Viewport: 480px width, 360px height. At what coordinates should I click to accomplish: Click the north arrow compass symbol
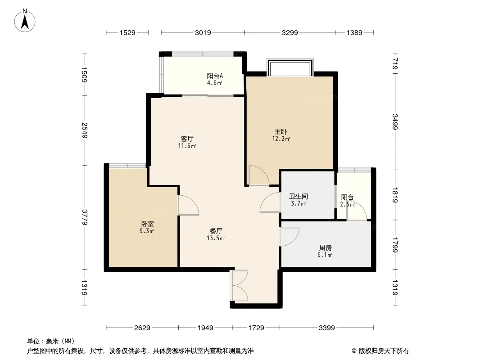point(25,21)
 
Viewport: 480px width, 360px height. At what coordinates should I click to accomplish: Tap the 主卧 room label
point(281,132)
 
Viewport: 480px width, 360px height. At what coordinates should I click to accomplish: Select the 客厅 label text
point(187,139)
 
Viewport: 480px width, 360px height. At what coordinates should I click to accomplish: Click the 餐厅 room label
point(216,231)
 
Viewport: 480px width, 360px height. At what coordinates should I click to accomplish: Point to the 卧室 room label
point(147,224)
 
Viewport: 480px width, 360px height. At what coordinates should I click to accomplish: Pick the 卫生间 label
point(299,196)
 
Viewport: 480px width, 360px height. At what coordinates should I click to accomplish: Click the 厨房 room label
point(325,248)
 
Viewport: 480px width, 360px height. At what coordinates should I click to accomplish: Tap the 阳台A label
point(215,76)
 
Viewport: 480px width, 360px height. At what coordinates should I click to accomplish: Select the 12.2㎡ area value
point(281,139)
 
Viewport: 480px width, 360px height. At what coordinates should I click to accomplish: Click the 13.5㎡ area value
point(216,238)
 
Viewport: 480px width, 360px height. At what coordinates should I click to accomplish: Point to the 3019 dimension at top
point(203,33)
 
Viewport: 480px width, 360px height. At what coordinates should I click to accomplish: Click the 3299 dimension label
point(290,33)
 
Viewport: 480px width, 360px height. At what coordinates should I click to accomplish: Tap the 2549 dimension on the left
point(85,130)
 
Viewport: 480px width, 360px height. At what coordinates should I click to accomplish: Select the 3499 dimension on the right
point(395,122)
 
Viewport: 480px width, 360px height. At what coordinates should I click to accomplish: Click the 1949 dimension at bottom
point(205,328)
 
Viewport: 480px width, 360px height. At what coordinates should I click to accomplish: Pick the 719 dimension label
point(395,64)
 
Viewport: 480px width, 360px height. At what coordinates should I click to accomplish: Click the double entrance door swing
point(240,286)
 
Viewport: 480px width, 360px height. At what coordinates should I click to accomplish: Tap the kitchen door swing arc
point(290,237)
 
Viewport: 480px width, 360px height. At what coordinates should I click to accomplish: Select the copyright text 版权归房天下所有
point(384,351)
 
